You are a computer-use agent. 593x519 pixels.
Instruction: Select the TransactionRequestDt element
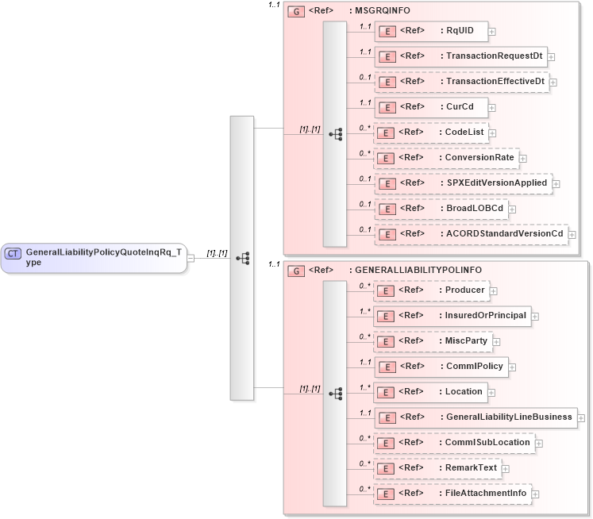(460, 56)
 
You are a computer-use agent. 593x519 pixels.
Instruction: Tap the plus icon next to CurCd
(492, 107)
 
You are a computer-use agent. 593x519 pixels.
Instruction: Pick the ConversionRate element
(445, 158)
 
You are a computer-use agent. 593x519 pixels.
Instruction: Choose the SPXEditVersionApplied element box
(462, 183)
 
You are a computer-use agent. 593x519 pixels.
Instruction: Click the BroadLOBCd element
(440, 209)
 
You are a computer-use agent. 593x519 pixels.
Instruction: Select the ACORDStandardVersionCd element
(469, 234)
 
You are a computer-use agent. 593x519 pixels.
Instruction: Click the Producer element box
(429, 290)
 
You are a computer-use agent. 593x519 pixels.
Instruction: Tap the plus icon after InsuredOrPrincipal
(535, 316)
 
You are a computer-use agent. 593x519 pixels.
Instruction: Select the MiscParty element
(432, 341)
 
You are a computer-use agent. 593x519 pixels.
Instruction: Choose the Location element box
(429, 392)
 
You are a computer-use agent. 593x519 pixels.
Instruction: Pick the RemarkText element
(436, 468)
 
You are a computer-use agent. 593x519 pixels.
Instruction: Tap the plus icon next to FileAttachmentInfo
(534, 494)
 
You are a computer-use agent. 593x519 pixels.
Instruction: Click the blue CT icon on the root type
(13, 253)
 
